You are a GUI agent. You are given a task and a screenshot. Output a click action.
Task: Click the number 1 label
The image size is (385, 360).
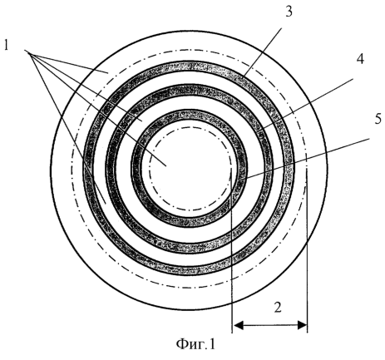pos(7,45)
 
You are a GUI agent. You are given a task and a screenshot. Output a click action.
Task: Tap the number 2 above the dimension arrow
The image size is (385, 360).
pos(278,307)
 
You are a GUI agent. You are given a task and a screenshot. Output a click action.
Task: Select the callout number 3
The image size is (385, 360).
pos(289,12)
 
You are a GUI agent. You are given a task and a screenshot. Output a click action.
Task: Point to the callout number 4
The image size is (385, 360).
pos(359,59)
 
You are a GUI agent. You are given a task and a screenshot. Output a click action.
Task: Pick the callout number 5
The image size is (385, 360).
pos(378,119)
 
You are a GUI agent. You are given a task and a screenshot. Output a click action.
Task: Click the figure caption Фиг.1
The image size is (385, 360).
pos(195,344)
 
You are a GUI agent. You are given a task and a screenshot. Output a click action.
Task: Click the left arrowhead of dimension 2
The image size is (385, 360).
pos(238,325)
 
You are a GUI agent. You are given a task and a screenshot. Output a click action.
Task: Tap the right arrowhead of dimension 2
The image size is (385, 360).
pos(302,325)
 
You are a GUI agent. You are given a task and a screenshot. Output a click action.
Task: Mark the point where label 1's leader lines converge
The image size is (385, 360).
pos(26,51)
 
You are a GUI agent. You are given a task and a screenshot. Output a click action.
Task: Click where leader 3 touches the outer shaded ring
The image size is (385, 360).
pos(244,76)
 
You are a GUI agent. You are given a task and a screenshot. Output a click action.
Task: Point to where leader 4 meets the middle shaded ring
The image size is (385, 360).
pos(263,129)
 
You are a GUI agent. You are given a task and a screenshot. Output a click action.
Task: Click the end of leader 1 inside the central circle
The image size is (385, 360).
pos(166,166)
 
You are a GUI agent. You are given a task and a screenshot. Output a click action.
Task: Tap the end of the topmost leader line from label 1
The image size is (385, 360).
pos(107,72)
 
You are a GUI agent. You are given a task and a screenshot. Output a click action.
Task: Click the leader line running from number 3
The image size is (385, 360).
pos(263,52)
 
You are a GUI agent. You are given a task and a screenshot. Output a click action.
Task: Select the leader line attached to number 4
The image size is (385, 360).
pos(308,104)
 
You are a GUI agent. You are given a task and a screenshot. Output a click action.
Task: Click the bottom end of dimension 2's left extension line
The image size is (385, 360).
pos(232,332)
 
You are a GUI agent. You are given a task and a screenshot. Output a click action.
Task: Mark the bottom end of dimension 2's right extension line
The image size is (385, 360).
pos(308,332)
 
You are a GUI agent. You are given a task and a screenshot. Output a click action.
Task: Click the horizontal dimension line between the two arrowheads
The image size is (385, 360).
pos(269,325)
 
